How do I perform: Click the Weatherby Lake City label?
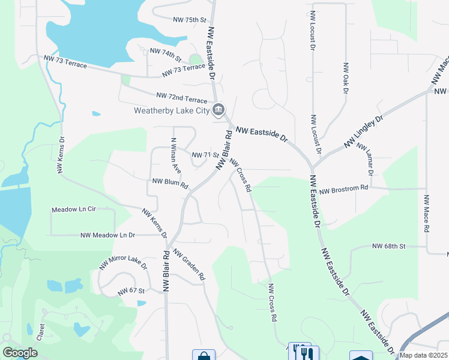171,110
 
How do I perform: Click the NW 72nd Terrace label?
181,97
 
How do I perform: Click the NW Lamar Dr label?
365,158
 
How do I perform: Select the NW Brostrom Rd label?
343,190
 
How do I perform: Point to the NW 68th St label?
389,246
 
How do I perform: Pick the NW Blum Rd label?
170,182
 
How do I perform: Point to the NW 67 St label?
131,291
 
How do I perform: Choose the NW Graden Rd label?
189,265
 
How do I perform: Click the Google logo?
20,353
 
